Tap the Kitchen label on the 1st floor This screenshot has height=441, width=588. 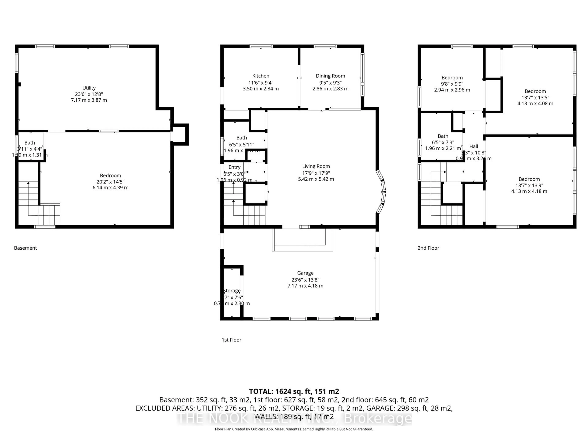tap(260, 76)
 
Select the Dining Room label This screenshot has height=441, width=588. tap(330, 76)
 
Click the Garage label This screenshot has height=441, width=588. tap(305, 273)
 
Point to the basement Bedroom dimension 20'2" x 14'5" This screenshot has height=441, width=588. tap(110, 182)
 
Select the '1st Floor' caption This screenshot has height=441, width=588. tap(231, 340)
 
